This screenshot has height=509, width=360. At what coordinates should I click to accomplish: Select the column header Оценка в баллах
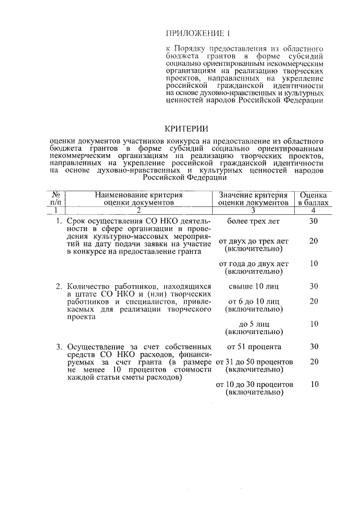tap(314, 197)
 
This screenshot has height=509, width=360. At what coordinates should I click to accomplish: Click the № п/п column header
tap(56, 197)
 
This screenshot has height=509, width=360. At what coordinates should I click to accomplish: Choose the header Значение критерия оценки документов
tap(253, 197)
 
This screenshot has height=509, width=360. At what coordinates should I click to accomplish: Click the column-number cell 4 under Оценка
tap(314, 210)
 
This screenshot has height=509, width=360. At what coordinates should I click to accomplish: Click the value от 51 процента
tap(253, 346)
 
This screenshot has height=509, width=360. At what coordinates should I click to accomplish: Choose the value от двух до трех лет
tap(253, 241)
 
